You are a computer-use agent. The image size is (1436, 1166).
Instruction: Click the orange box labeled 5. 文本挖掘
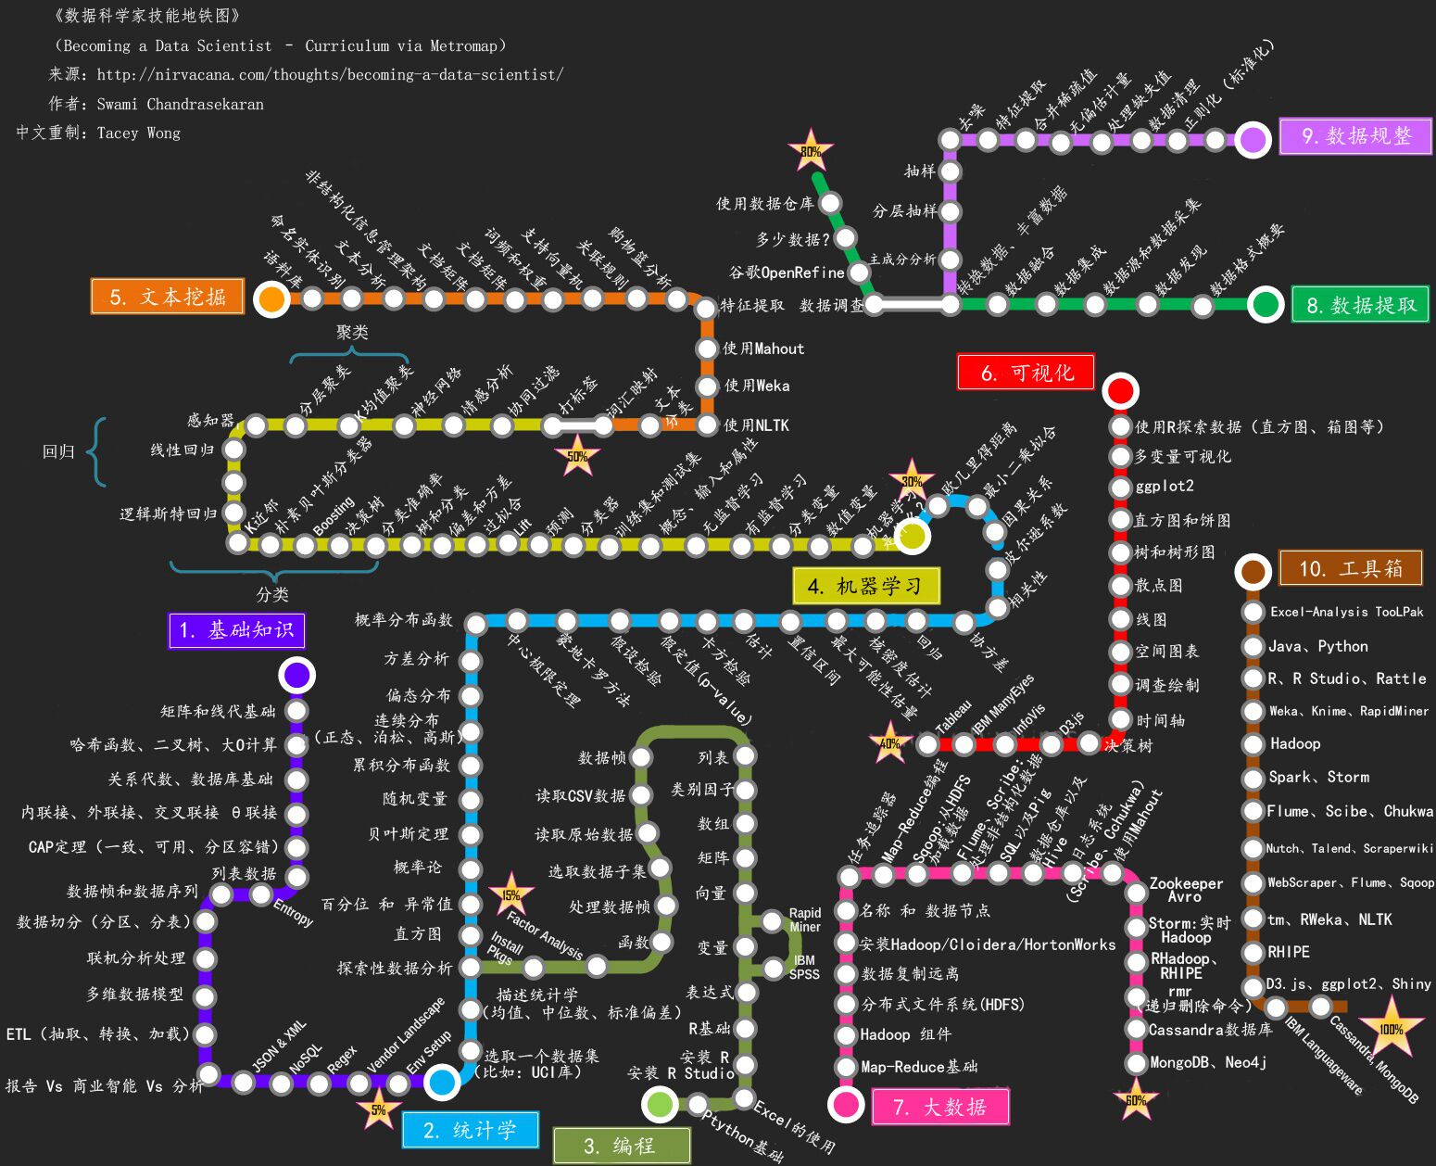168,297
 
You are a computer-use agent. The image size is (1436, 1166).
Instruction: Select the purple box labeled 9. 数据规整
1355,136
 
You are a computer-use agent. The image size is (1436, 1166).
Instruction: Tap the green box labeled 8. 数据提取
1360,305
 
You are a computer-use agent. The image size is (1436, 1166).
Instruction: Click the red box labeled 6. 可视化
1027,373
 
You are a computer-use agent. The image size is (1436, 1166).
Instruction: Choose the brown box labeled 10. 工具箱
1351,568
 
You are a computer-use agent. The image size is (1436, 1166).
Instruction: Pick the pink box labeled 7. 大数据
939,1107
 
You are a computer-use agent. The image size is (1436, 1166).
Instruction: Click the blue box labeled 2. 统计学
470,1130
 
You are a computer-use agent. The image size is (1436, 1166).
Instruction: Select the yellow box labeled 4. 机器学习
865,586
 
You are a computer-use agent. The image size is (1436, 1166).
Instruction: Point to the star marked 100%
1391,1029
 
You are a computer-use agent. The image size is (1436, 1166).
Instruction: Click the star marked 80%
811,151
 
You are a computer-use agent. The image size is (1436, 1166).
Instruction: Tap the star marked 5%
379,1109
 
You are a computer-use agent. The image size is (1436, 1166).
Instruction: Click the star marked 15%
510,894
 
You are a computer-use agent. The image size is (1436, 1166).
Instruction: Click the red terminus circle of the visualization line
1120,391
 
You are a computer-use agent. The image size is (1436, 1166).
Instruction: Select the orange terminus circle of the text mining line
271,298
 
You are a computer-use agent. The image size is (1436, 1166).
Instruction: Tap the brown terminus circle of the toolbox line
1253,572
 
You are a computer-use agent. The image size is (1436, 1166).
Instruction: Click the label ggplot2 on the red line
1165,486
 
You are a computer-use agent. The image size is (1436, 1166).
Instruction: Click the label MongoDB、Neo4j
1207,1062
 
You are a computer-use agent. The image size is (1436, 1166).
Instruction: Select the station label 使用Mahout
763,349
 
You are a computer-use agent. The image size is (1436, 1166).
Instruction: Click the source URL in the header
329,74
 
